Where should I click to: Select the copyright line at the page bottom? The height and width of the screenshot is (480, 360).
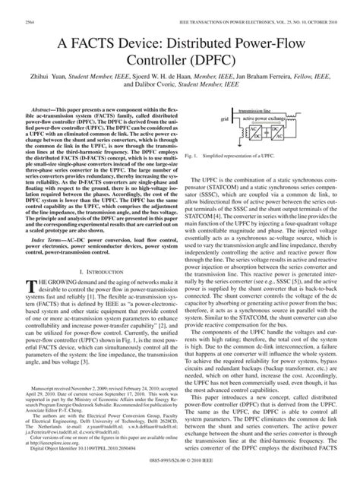[180, 474]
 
